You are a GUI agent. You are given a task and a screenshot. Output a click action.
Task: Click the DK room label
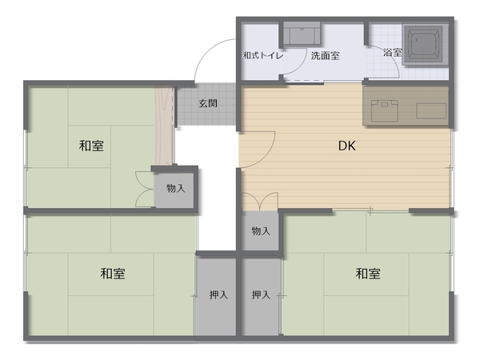click(347, 146)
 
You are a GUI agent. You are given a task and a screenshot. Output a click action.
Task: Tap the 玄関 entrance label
click(208, 103)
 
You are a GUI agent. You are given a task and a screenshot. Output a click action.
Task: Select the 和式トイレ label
click(263, 56)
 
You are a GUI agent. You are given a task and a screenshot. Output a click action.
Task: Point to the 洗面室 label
click(325, 56)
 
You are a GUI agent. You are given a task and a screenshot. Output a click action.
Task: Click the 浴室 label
click(393, 52)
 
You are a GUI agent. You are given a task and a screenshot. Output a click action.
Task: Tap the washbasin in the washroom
click(302, 34)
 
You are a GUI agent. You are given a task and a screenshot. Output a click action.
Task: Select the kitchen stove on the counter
click(385, 110)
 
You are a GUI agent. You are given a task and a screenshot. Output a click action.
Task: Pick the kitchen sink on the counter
click(431, 111)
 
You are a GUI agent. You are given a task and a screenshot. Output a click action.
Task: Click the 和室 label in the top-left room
click(91, 146)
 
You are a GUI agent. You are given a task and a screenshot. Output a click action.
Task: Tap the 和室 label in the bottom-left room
click(113, 274)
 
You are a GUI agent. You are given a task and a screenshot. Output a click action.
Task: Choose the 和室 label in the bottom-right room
click(368, 274)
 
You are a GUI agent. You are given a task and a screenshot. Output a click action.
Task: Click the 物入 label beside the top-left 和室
click(176, 188)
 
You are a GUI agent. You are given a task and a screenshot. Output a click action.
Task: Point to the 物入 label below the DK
click(261, 231)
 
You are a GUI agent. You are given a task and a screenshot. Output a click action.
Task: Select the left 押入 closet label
click(218, 294)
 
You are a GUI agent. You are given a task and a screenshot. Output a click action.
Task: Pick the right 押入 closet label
click(261, 294)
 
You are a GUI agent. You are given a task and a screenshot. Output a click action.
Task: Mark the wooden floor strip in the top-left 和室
click(163, 126)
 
